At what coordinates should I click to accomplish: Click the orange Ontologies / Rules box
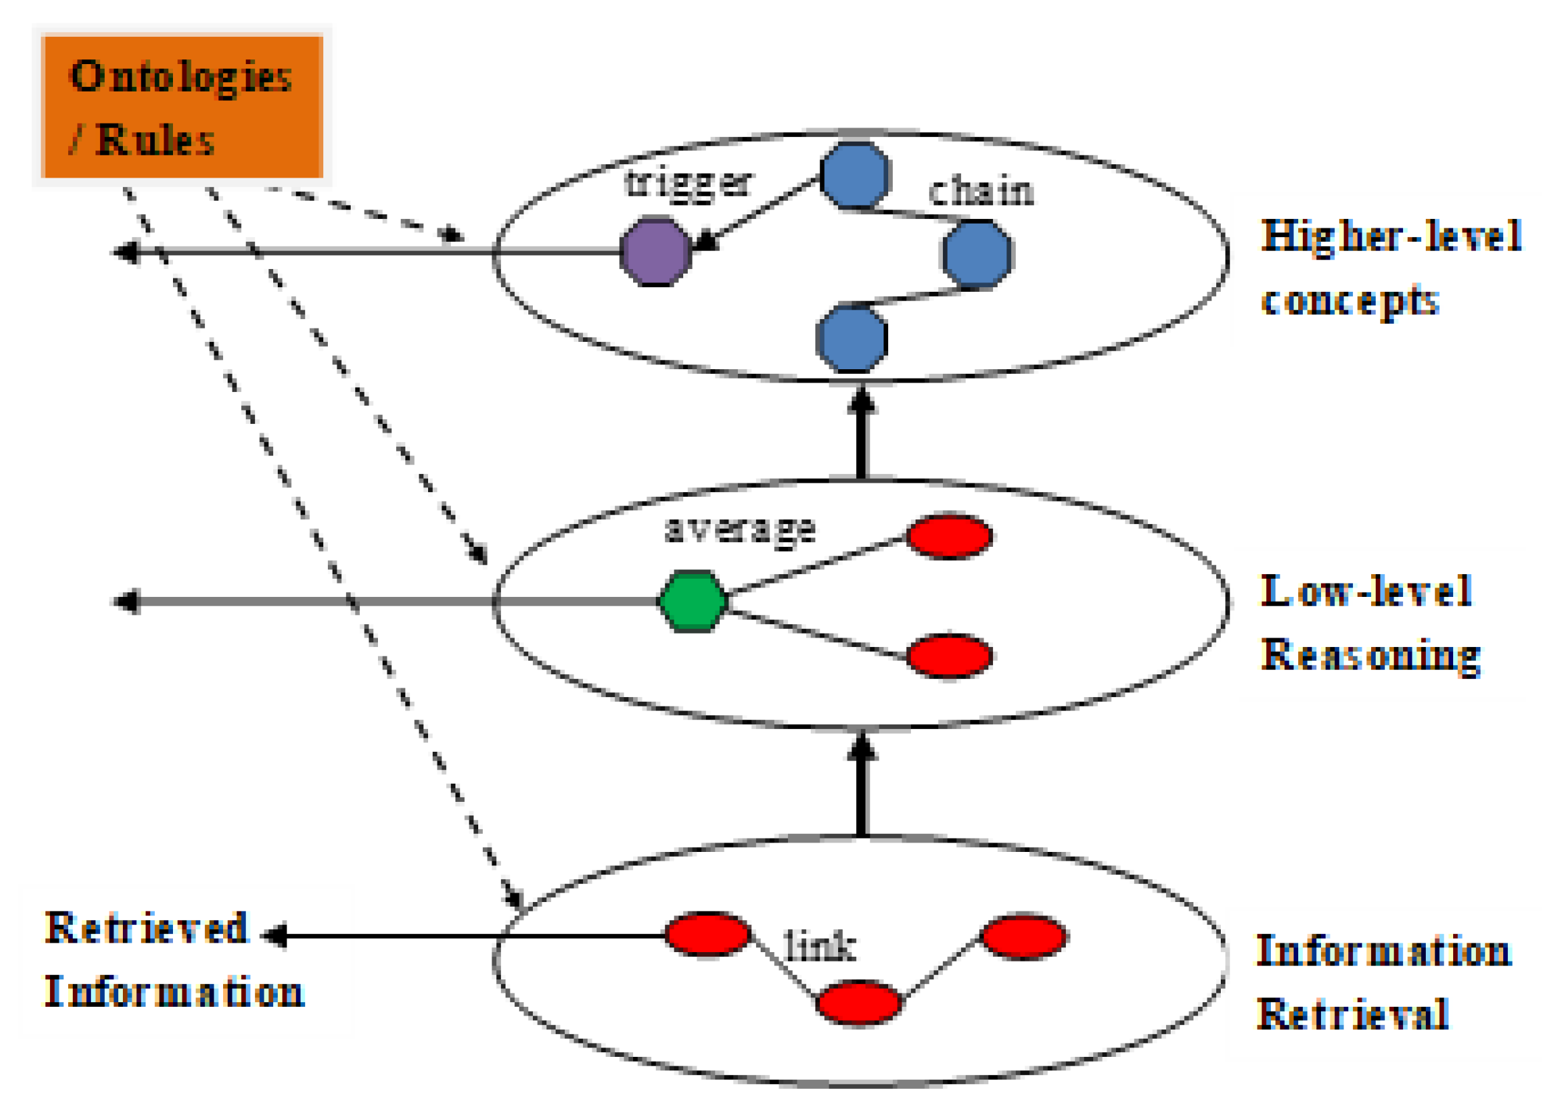click(182, 106)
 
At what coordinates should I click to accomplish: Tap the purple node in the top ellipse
click(655, 252)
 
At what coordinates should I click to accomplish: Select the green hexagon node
click(693, 602)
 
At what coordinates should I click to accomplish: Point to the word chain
click(980, 192)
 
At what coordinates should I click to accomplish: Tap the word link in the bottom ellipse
click(819, 946)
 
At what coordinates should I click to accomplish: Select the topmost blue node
click(855, 176)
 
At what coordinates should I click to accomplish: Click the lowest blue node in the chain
click(851, 339)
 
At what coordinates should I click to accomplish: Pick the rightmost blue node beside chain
click(977, 254)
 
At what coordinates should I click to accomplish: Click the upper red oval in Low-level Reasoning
click(949, 536)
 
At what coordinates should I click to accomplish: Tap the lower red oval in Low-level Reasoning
click(949, 656)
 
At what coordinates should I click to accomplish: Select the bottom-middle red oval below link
click(859, 1003)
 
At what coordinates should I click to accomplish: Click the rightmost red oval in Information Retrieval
click(1024, 937)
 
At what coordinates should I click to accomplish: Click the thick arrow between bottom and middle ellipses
click(861, 789)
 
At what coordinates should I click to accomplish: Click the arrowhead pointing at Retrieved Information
click(274, 936)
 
